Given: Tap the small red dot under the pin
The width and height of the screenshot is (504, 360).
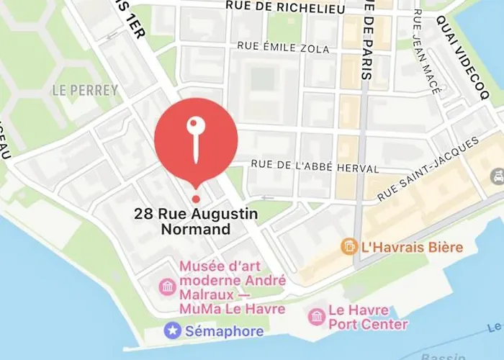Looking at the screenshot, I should tap(195, 199).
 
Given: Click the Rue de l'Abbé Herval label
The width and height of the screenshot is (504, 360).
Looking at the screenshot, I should tap(314, 167).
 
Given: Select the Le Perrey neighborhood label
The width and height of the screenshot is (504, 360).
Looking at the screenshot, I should tap(84, 91).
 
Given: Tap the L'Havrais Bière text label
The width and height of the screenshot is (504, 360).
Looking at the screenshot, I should tap(412, 248).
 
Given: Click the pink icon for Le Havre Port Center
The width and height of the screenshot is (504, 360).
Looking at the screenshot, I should tap(316, 316).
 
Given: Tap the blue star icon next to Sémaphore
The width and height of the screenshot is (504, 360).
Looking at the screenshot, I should tap(173, 330).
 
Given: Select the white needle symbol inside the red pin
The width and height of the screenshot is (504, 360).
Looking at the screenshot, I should tap(195, 138).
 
